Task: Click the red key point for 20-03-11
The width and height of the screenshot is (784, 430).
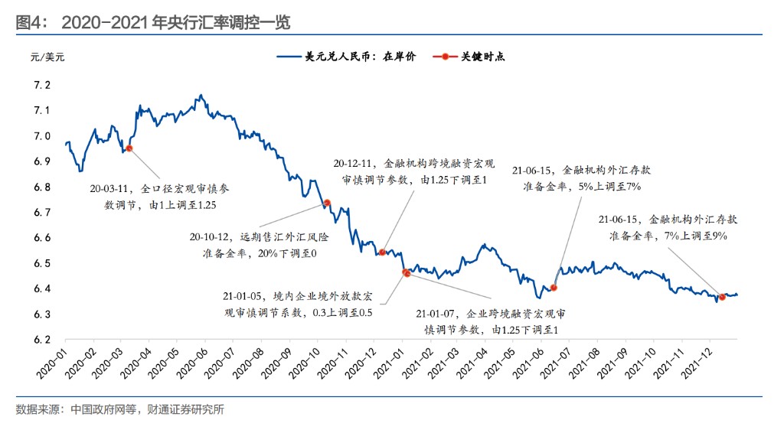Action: click(x=129, y=148)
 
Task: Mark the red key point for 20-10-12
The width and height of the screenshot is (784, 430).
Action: click(x=327, y=203)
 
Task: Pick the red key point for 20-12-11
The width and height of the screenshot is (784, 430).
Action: click(x=382, y=252)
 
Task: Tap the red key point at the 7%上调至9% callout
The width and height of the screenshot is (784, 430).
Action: click(x=722, y=297)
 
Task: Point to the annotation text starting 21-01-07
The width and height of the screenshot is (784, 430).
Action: click(x=490, y=321)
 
